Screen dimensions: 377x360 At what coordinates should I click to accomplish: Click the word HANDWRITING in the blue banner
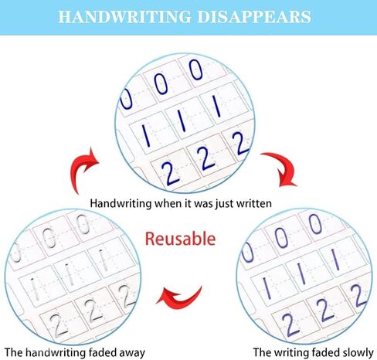pyautogui.click(x=125, y=17)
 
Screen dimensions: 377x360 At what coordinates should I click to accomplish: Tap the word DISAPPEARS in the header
pyautogui.click(x=254, y=17)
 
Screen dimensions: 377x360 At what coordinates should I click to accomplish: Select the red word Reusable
pyautogui.click(x=180, y=239)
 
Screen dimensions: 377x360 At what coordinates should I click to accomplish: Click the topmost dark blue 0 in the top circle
pyautogui.click(x=195, y=70)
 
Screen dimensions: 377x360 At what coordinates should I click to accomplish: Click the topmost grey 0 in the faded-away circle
pyautogui.click(x=83, y=224)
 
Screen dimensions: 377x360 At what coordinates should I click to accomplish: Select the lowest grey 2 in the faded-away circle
pyautogui.click(x=58, y=325)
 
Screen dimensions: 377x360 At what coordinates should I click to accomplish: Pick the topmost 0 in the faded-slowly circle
pyautogui.click(x=315, y=224)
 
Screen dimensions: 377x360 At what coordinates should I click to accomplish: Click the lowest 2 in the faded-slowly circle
pyautogui.click(x=290, y=325)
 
